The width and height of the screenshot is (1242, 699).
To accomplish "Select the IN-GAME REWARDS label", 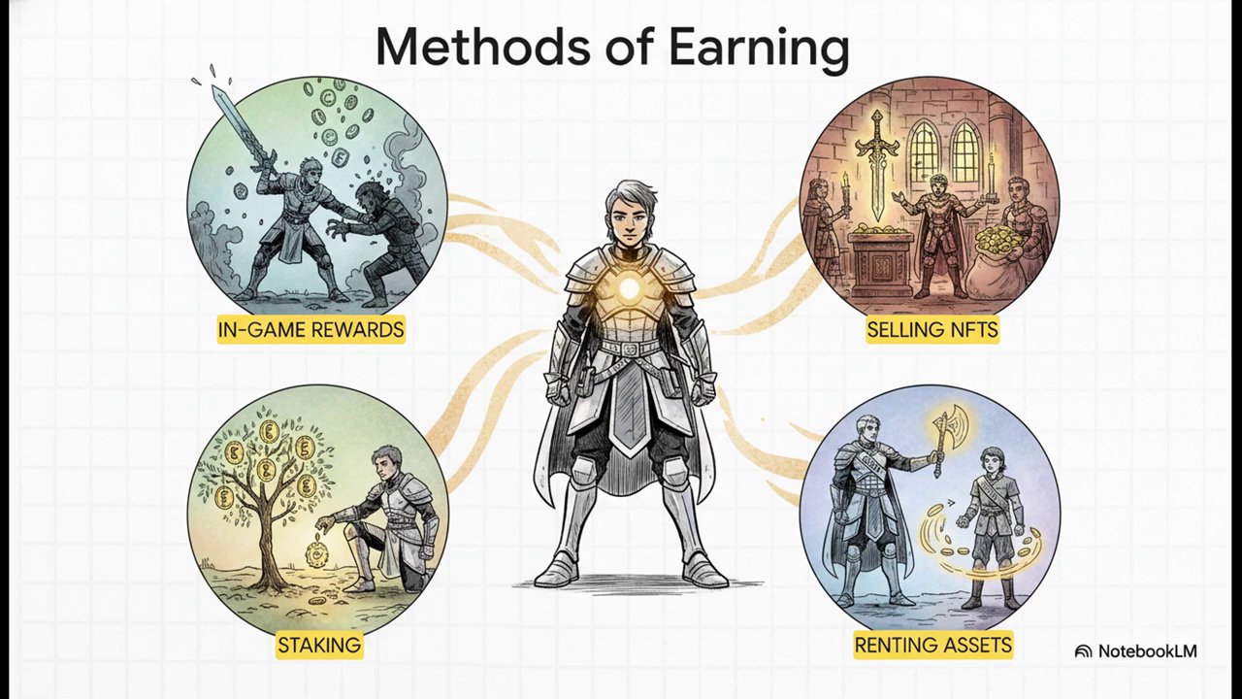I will point(310,330).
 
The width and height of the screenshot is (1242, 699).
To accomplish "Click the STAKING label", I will point(318,645).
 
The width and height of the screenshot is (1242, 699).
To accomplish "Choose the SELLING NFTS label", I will point(932,330).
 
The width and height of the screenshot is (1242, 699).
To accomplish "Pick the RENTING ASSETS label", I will point(932,645).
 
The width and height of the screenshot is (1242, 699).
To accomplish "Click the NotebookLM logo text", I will point(1146,651).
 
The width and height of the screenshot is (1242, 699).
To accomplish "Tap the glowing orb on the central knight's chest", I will point(630,287).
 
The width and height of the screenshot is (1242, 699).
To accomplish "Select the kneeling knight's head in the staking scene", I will point(385,461).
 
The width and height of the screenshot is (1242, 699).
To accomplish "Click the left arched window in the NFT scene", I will point(923,150).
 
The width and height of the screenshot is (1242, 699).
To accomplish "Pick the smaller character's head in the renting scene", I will point(991,464).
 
